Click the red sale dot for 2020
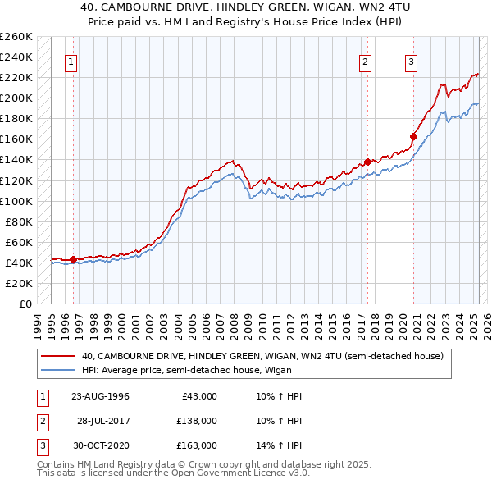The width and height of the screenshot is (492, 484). (414, 136)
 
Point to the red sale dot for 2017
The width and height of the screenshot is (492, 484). (368, 162)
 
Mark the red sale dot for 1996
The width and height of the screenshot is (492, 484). (73, 259)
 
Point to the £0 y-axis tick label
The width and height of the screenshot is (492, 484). (24, 304)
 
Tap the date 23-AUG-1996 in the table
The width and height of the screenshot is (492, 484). (100, 396)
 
